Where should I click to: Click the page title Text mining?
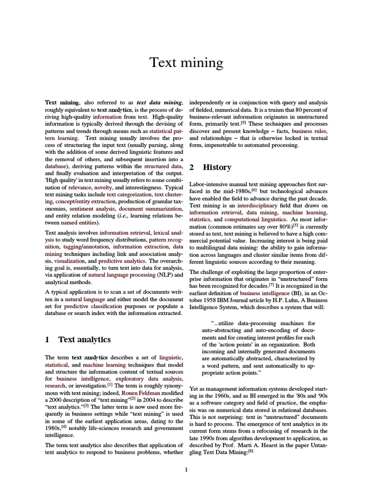(x=186, y=63)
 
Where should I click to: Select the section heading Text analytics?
(x=84, y=340)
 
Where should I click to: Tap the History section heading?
(x=217, y=167)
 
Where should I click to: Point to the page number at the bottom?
(x=186, y=469)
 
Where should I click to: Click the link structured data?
(x=163, y=166)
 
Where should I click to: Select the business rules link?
(x=309, y=131)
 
